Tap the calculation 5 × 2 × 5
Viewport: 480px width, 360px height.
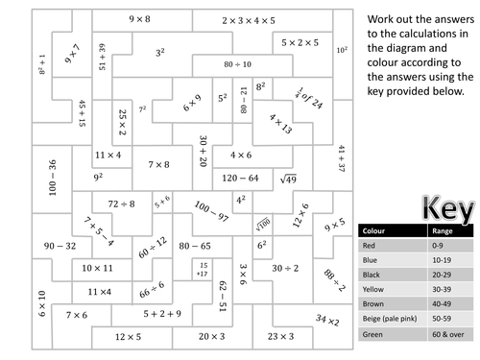(300, 42)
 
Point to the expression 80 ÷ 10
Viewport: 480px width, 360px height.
(235, 64)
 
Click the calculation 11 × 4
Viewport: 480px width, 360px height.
(108, 155)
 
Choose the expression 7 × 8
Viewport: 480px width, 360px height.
(159, 164)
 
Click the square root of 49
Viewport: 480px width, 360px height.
(289, 178)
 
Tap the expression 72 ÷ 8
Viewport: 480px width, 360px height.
(125, 204)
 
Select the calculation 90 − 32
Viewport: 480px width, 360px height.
(60, 246)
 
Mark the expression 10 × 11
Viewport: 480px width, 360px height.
(99, 268)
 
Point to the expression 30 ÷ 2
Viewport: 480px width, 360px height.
(285, 268)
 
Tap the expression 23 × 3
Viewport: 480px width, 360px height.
(280, 336)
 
